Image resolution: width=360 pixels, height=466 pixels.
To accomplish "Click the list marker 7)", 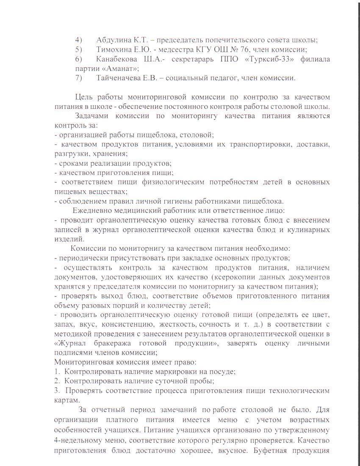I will [79, 78].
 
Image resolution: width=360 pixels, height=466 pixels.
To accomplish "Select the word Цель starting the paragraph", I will [84, 97].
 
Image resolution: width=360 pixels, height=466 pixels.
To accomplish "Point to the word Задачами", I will [91, 116].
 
